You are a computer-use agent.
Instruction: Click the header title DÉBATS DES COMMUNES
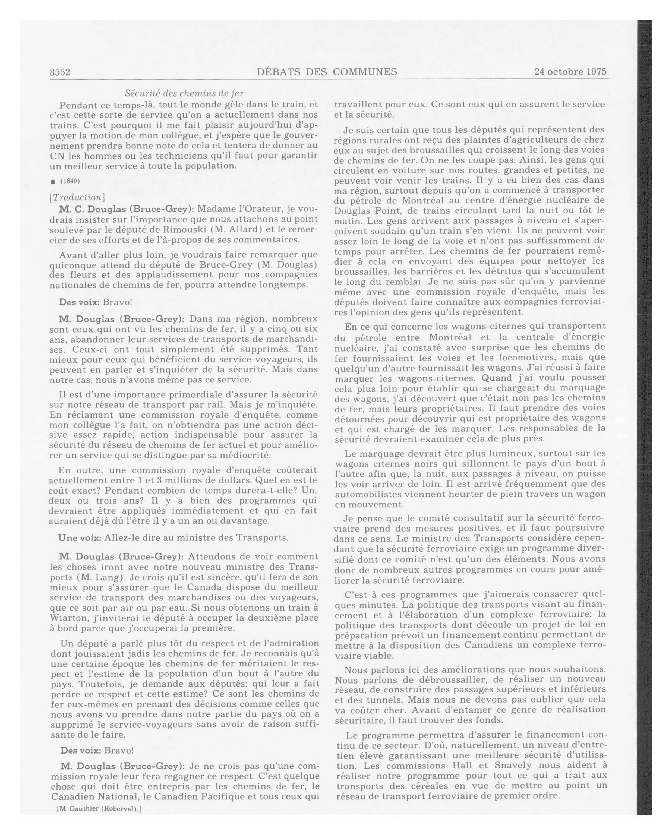tap(327, 72)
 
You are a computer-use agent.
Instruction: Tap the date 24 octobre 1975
tap(570, 72)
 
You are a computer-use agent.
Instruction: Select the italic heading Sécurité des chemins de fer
tap(184, 93)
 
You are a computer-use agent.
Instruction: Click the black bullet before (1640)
tap(53, 182)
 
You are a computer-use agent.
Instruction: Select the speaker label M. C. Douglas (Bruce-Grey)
tap(126, 209)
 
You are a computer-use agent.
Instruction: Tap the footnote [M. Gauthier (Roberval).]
tap(99, 809)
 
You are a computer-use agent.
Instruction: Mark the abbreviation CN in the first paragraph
tap(57, 156)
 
